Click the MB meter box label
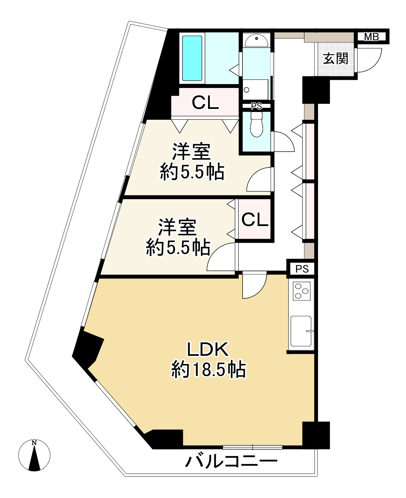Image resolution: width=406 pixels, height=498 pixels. point(371,37)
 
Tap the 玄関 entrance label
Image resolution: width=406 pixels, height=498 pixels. point(335,58)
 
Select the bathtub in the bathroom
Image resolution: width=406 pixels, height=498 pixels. point(192,58)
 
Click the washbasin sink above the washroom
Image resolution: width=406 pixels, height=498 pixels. point(256,41)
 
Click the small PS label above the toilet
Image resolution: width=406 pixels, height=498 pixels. point(256,106)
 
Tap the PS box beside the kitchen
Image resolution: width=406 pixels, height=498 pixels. point(302,269)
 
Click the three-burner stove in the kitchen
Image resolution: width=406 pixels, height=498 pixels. point(301,291)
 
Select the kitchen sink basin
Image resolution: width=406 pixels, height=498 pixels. point(301,331)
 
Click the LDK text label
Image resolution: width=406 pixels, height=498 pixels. point(208,349)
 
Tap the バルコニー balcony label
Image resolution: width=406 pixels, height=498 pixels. point(231,461)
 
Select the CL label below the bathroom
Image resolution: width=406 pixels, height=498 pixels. point(205,102)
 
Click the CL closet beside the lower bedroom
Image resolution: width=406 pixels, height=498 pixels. point(255,219)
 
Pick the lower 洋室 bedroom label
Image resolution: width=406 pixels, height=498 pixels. point(177,227)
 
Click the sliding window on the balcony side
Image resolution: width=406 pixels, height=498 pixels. point(253,447)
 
